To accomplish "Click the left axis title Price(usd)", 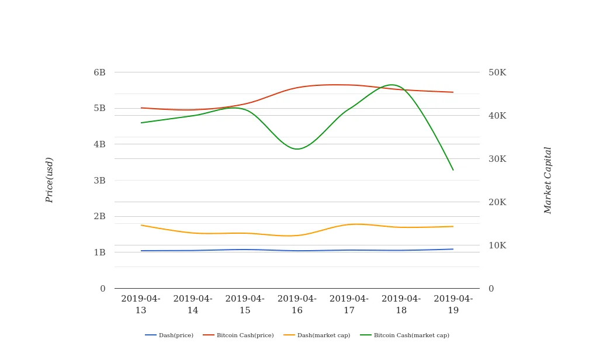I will click(50, 180).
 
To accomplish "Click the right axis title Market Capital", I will click(548, 180).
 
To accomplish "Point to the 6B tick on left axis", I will click(99, 72).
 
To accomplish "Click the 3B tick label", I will click(99, 181).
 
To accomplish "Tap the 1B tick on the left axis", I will click(99, 252).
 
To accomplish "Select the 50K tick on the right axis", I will click(497, 72).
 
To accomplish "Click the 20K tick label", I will click(497, 202).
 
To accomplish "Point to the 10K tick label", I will click(497, 245).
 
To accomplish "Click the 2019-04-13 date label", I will click(141, 304).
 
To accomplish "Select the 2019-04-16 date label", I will click(297, 304).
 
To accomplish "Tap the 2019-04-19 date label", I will click(453, 304).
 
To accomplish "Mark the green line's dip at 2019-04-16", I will click(297, 149).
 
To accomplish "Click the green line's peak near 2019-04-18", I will click(391, 85).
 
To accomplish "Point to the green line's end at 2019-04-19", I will click(453, 169).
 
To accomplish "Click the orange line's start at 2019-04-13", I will click(141, 225).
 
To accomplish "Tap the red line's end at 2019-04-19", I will click(453, 92).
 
